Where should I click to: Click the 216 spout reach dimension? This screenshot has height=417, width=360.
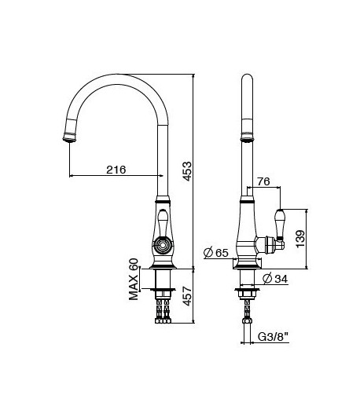[116, 170]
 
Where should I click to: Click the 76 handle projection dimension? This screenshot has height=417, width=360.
[264, 181]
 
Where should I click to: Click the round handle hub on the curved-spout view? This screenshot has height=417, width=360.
[163, 244]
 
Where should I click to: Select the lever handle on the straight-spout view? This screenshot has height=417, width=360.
[277, 225]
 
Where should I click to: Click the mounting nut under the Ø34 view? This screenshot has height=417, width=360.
[247, 294]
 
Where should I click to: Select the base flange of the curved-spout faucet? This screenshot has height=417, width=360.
[163, 266]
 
